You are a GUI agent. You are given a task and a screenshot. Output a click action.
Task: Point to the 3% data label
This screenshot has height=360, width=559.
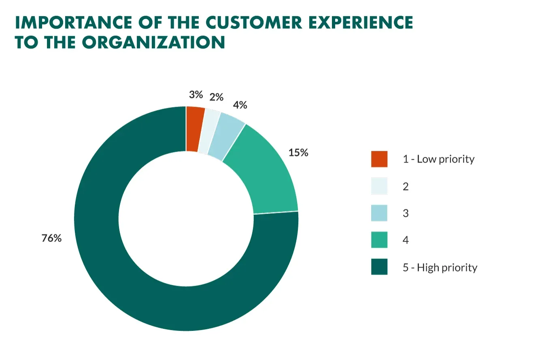click(x=196, y=95)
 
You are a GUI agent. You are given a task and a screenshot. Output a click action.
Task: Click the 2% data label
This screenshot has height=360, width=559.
click(x=217, y=97)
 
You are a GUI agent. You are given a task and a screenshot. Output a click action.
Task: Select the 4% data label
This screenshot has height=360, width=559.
click(x=240, y=105)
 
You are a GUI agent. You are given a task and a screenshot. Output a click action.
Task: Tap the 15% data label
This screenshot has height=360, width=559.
click(x=298, y=152)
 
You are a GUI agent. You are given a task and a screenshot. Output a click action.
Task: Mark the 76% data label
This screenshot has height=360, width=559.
click(x=51, y=238)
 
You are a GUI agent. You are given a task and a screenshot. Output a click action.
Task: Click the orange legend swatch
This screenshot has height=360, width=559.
click(x=379, y=159)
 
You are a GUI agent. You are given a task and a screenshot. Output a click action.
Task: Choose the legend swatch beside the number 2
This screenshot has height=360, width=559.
click(x=379, y=186)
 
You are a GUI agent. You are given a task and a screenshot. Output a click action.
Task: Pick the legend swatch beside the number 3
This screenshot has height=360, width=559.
click(x=379, y=213)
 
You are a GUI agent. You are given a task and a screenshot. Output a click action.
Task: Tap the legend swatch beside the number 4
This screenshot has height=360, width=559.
click(x=379, y=240)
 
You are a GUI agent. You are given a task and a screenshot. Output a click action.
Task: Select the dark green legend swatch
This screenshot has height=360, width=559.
click(x=379, y=267)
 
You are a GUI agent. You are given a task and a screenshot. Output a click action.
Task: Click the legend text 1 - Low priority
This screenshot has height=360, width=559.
click(x=438, y=159)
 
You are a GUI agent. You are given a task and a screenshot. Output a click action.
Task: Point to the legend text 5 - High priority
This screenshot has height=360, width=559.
click(x=440, y=267)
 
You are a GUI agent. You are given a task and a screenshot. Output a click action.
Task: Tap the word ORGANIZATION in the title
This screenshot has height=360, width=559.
click(x=153, y=42)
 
